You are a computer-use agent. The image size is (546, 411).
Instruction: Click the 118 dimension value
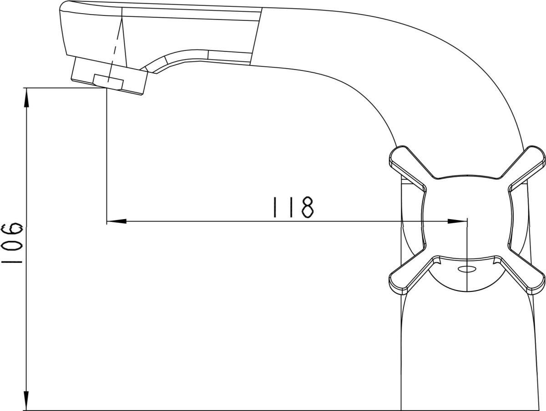(x=293, y=207)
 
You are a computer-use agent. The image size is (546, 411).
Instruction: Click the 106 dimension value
(x=12, y=243)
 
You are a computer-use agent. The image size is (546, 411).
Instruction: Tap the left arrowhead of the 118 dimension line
(x=116, y=221)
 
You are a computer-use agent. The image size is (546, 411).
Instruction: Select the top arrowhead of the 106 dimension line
(x=26, y=97)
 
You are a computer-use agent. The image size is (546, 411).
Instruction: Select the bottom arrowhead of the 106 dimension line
(x=26, y=401)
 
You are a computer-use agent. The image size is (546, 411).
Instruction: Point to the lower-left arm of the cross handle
(x=408, y=276)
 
